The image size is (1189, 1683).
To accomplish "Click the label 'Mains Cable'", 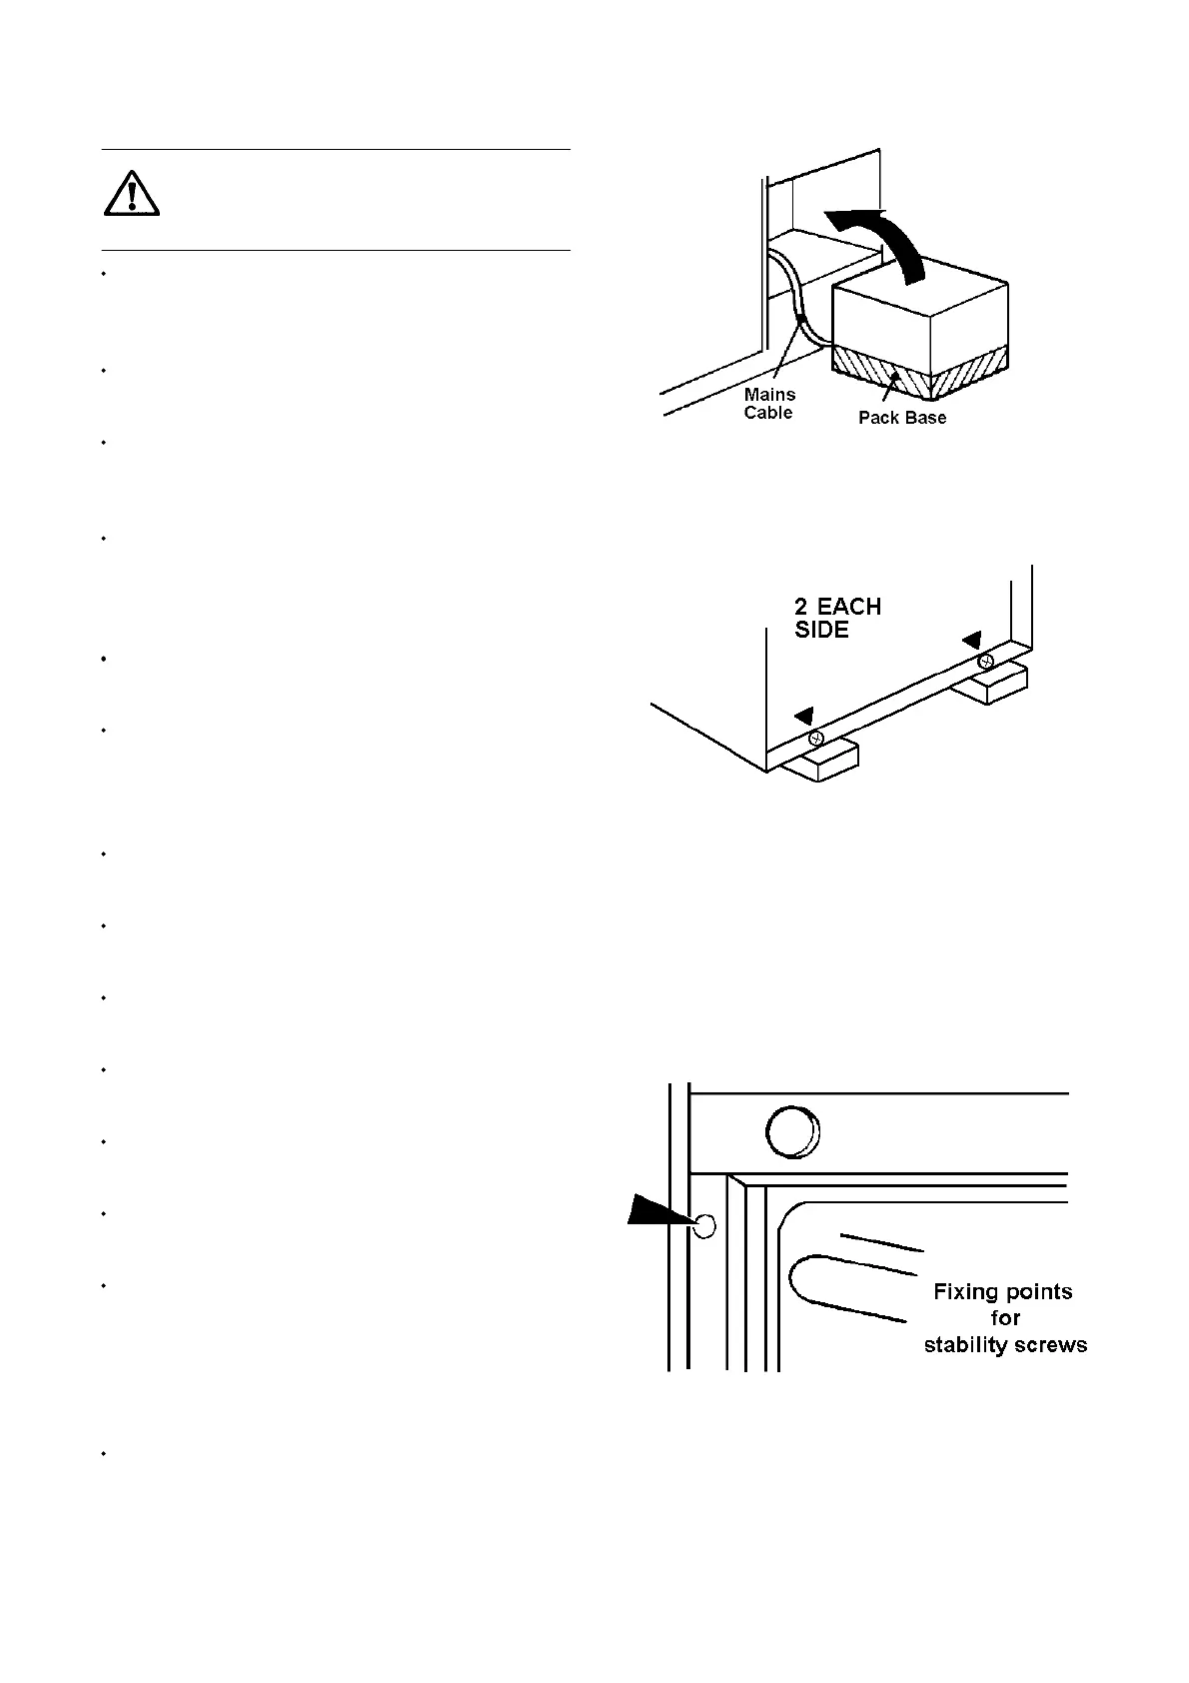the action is click(769, 404).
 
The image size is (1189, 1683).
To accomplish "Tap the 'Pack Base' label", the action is click(902, 418).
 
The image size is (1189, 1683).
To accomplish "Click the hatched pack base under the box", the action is click(919, 371).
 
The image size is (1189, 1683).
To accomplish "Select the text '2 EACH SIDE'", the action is click(837, 618).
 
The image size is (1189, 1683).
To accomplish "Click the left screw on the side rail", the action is click(816, 739).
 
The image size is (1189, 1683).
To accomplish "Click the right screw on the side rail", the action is click(985, 661).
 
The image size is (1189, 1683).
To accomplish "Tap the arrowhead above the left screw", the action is click(804, 715).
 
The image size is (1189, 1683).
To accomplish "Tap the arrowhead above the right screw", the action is click(971, 638).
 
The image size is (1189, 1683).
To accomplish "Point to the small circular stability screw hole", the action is click(704, 1226).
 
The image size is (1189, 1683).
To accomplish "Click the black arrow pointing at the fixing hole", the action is click(659, 1213).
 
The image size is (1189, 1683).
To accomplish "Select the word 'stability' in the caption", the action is click(967, 1345).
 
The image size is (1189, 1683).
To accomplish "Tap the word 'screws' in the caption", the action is click(1052, 1345).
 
